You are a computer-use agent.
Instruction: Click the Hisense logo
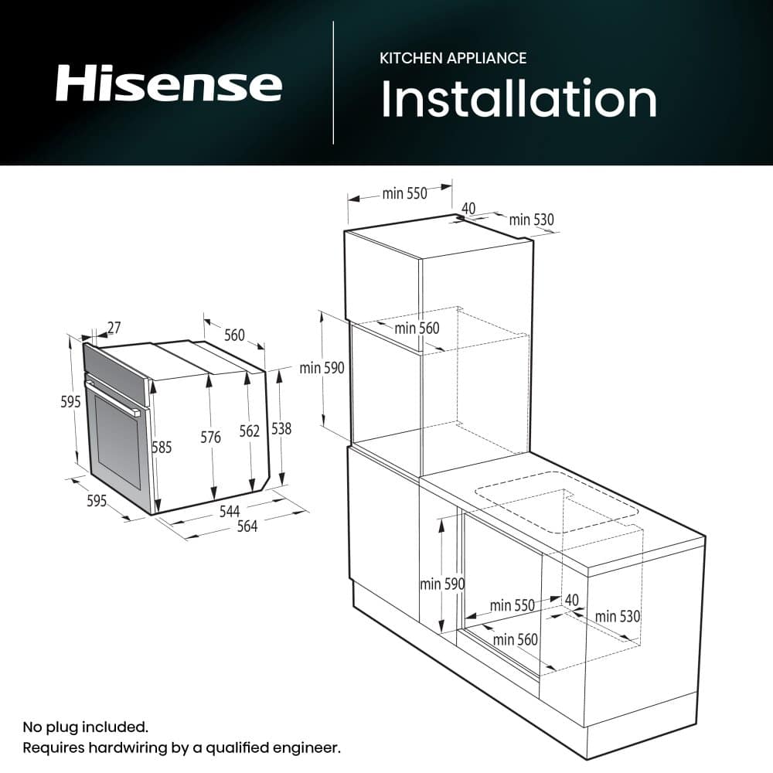tap(169, 84)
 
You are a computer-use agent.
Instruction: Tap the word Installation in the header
tap(519, 99)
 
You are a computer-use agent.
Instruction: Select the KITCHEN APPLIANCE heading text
tap(453, 58)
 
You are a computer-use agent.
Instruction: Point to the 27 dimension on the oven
tap(114, 328)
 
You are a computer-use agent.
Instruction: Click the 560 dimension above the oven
tap(234, 335)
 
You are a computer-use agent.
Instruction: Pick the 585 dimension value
tap(162, 447)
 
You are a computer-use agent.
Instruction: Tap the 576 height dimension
tap(210, 438)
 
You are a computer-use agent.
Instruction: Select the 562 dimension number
tap(250, 431)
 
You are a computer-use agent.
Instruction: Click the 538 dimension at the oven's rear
tap(281, 428)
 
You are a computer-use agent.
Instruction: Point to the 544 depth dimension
tap(230, 511)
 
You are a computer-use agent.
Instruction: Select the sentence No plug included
tap(85, 727)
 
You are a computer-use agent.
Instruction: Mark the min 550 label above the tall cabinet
tap(404, 194)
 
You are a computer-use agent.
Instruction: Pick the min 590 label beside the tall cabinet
tap(322, 368)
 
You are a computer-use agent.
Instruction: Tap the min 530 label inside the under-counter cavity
tap(618, 616)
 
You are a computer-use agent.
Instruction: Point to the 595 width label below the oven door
tap(96, 501)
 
